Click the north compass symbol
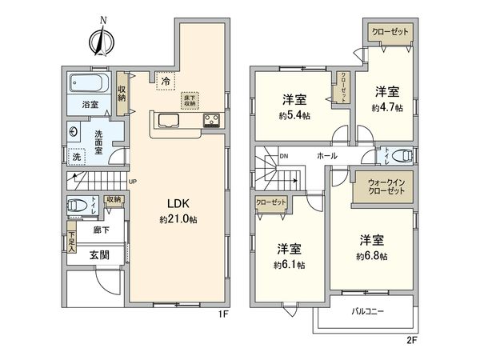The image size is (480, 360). [101, 38]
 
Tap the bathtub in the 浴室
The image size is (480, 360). [87, 83]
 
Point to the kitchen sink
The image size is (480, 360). [170, 122]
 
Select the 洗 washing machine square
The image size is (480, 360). [78, 158]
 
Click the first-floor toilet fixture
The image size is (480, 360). [77, 205]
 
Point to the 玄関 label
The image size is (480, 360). [100, 255]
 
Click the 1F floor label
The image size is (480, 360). [226, 313]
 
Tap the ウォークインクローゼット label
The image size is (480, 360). [384, 188]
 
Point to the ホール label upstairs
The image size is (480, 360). [326, 155]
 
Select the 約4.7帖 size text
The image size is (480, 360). [386, 107]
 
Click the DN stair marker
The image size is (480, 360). [282, 156]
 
